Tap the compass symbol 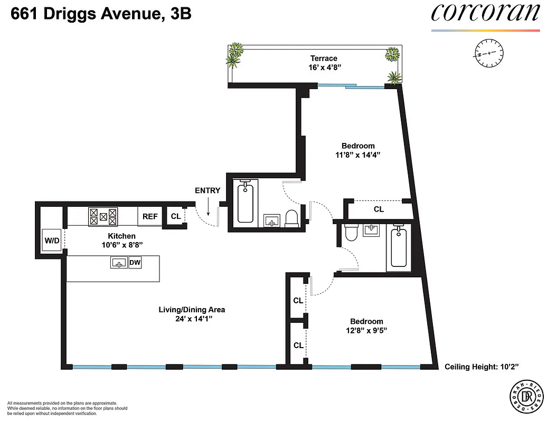(x=489, y=54)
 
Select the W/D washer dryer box (x=52, y=241)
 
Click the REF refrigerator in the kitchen (x=150, y=216)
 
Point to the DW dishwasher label (x=135, y=261)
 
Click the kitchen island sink (x=118, y=262)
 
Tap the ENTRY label (x=208, y=190)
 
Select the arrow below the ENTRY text (x=209, y=207)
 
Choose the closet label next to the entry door (x=176, y=216)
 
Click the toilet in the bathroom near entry (x=291, y=218)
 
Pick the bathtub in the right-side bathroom (x=399, y=247)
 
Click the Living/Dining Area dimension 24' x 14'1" (x=192, y=319)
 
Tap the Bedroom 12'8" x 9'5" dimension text (x=366, y=331)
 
